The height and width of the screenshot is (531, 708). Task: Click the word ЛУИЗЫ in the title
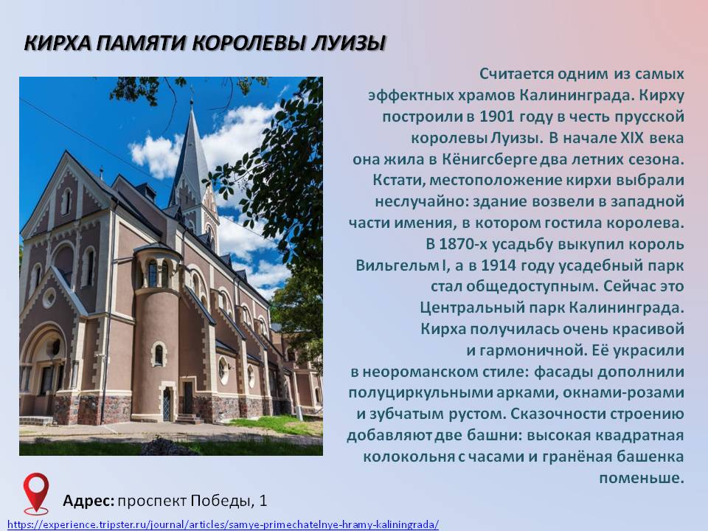pyautogui.click(x=349, y=43)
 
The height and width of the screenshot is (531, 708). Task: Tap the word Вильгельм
pyautogui.click(x=396, y=265)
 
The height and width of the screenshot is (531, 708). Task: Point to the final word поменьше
pyautogui.click(x=642, y=478)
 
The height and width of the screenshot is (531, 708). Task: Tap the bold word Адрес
pyautogui.click(x=88, y=501)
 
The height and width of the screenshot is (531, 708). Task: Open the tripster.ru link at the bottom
pyautogui.click(x=223, y=524)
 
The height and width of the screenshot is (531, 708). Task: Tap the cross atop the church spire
pyautogui.click(x=192, y=93)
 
